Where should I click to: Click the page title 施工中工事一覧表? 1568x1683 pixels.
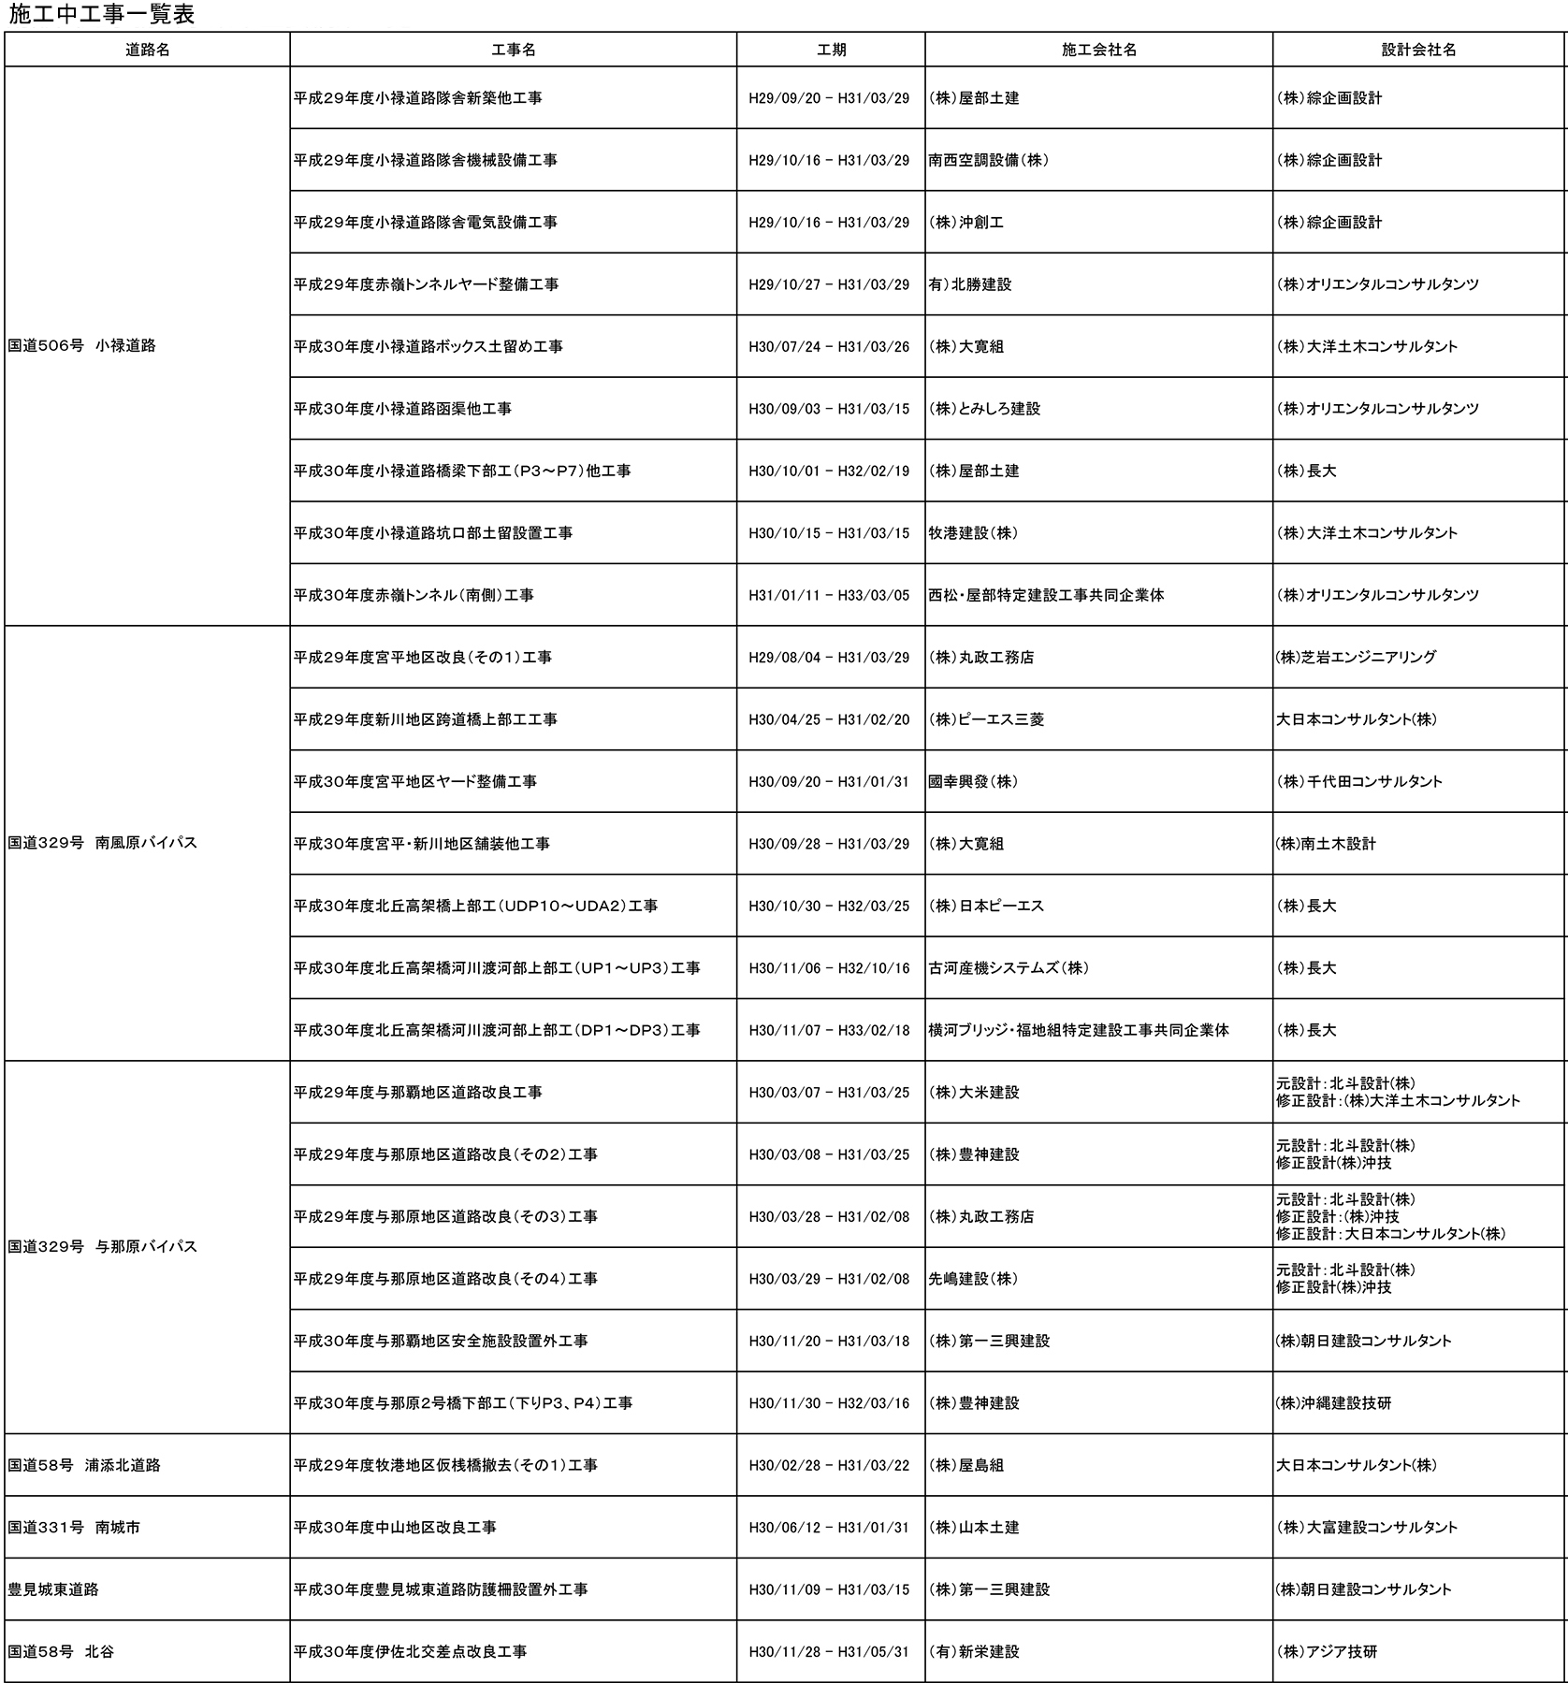[x=102, y=15]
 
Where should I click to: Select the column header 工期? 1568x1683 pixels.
[x=831, y=51]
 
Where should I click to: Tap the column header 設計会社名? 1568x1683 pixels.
[x=1418, y=51]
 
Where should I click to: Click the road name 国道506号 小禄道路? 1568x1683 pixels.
[x=82, y=346]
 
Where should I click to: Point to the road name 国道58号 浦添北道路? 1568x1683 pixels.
[x=84, y=1465]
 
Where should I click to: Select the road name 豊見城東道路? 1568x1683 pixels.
[x=53, y=1589]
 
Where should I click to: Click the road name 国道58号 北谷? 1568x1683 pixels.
[x=61, y=1651]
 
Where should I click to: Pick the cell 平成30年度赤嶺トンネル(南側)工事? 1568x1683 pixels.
[x=414, y=595]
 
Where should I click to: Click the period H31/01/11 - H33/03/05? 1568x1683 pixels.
[x=829, y=595]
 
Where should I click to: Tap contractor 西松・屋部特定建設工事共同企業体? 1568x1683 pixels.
[x=1046, y=595]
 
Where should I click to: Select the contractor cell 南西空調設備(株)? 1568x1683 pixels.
[x=989, y=160]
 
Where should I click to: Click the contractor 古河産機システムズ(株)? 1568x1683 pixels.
[x=1009, y=968]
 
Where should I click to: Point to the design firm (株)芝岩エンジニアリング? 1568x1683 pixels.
[x=1356, y=658]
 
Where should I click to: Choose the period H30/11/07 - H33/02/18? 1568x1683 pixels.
[x=829, y=1030]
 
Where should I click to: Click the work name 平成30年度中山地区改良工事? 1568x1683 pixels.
[x=395, y=1528]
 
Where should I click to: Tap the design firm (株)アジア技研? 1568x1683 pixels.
[x=1327, y=1651]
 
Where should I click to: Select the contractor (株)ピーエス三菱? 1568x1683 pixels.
[x=986, y=719]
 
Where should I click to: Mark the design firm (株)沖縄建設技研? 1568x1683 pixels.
[x=1333, y=1403]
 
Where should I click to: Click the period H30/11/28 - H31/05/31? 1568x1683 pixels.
[x=829, y=1651]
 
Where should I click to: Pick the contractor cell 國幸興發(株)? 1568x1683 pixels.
[x=973, y=782]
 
